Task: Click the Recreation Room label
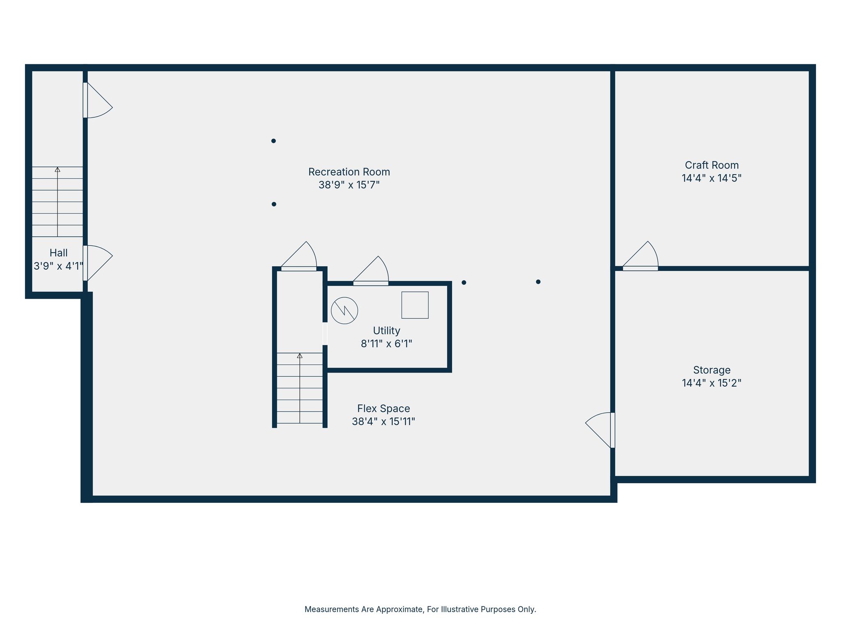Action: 349,172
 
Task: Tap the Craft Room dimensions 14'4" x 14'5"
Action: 712,178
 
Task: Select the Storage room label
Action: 712,370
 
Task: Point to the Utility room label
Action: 386,331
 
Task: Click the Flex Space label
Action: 384,409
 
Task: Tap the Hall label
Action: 59,253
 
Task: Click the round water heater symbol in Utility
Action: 345,311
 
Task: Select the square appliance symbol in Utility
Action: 415,305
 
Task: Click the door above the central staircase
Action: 299,256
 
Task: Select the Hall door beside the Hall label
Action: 98,263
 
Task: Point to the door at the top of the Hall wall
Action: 98,100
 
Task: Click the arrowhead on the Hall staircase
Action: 57,170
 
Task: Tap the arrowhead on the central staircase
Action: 300,356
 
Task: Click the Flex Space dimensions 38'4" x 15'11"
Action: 384,422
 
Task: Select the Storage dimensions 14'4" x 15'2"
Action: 712,383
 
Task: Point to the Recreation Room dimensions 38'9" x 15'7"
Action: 349,185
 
